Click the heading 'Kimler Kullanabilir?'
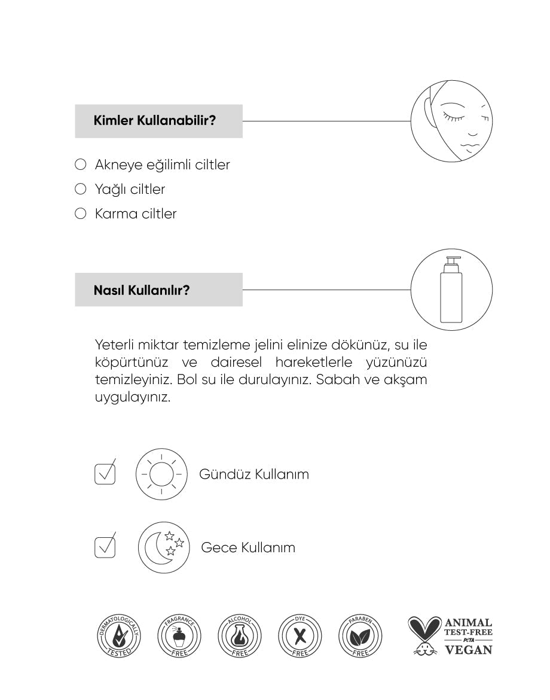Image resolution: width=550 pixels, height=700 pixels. pyautogui.click(x=154, y=121)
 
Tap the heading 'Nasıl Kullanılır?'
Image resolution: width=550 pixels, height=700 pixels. pyautogui.click(x=142, y=291)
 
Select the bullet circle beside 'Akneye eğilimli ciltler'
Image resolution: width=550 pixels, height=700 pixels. pyautogui.click(x=81, y=165)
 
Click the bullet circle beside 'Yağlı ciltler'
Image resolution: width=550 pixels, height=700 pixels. pyautogui.click(x=81, y=189)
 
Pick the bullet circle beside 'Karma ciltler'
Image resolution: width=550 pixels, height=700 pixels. pyautogui.click(x=81, y=214)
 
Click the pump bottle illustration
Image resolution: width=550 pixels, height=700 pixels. pyautogui.click(x=451, y=290)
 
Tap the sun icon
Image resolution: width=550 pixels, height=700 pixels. pyautogui.click(x=161, y=474)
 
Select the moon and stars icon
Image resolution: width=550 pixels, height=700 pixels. pyautogui.click(x=164, y=547)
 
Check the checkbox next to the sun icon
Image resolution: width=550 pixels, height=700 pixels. pyautogui.click(x=105, y=474)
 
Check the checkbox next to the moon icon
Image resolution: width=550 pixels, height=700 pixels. pyautogui.click(x=105, y=547)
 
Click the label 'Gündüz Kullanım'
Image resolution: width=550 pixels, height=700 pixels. pyautogui.click(x=254, y=474)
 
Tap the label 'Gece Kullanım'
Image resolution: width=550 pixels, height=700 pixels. pyautogui.click(x=248, y=547)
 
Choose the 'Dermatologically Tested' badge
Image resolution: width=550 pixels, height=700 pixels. pyautogui.click(x=119, y=635)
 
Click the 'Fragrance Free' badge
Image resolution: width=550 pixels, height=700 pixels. pyautogui.click(x=179, y=635)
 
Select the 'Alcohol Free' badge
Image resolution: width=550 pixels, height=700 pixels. pyautogui.click(x=240, y=635)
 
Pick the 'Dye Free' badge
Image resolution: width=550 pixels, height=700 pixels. pyautogui.click(x=300, y=635)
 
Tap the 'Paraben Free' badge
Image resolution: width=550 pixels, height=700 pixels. pyautogui.click(x=360, y=635)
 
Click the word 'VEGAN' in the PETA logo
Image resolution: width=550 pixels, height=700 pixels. pyautogui.click(x=469, y=649)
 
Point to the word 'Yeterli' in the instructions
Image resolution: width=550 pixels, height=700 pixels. pyautogui.click(x=114, y=345)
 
